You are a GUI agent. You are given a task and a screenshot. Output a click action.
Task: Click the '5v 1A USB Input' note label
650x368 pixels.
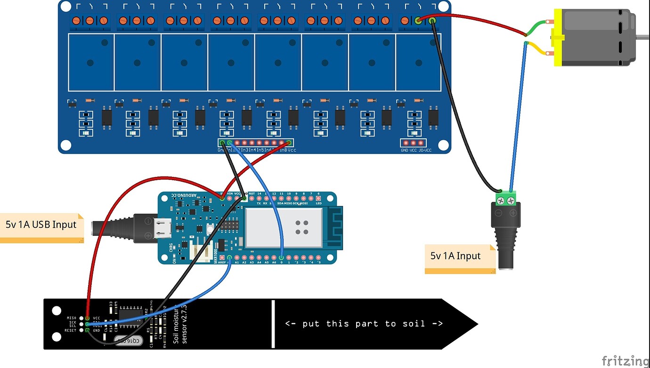click(x=41, y=224)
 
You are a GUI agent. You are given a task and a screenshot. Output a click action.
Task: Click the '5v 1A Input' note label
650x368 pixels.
click(x=455, y=256)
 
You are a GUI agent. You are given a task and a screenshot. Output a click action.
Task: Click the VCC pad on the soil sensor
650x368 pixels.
click(x=88, y=319)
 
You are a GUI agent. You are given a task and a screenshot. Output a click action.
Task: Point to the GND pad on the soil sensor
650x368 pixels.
click(x=88, y=330)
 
